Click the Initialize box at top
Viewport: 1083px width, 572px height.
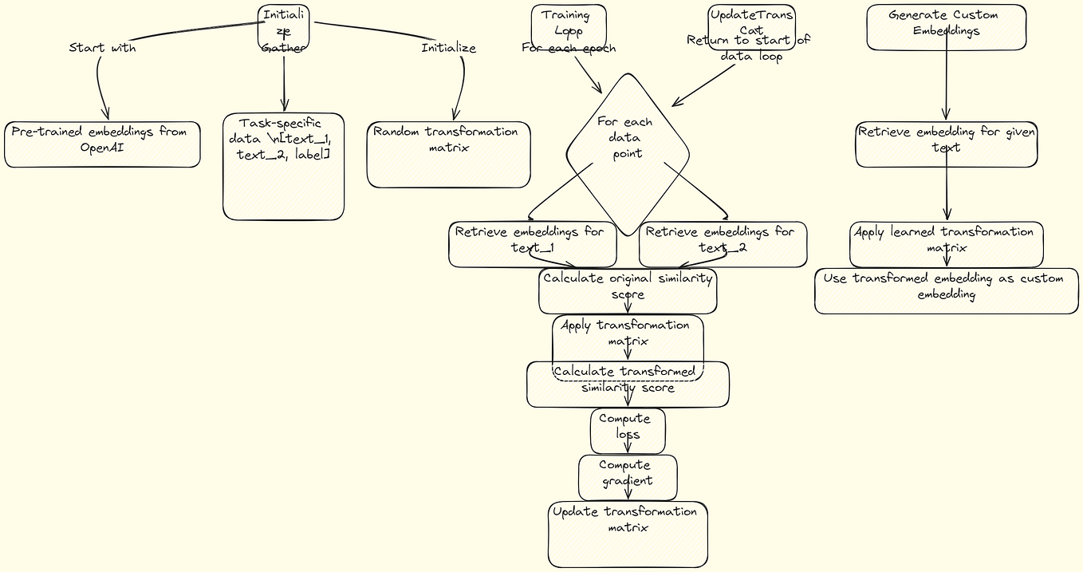click(x=283, y=27)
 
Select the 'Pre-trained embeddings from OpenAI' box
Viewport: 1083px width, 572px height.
click(x=102, y=144)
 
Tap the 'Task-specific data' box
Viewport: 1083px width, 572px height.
click(x=283, y=166)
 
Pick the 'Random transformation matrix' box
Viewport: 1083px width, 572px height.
click(x=448, y=154)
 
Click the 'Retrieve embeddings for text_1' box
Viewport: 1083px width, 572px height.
click(x=532, y=244)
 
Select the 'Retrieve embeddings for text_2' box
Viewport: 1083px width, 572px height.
click(x=723, y=244)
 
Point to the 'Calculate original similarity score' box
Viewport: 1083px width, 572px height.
click(x=628, y=290)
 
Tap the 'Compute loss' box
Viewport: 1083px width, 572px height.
click(x=628, y=431)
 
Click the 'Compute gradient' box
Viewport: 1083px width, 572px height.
click(x=628, y=477)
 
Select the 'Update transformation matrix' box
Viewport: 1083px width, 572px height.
click(x=628, y=534)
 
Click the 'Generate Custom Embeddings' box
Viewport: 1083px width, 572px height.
click(x=946, y=27)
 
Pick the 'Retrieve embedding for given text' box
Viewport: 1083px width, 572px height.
click(x=946, y=144)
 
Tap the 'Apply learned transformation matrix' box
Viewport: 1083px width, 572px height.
click(x=946, y=244)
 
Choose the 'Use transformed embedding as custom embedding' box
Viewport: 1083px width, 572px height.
click(x=946, y=290)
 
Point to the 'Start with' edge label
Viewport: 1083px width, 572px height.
click(x=102, y=48)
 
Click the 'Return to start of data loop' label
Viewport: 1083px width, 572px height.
click(x=748, y=49)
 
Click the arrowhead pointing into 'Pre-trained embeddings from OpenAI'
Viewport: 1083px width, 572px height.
click(x=104, y=116)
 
